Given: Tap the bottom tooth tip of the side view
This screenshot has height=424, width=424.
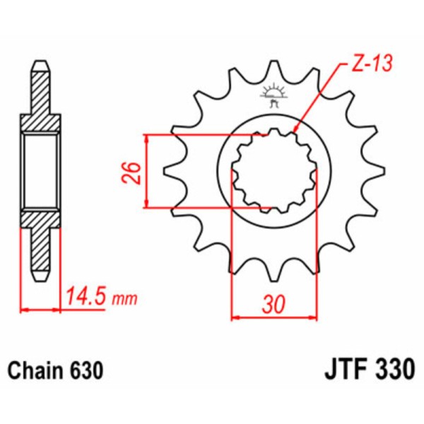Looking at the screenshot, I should (41, 277).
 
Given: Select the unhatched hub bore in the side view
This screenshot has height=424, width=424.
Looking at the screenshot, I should (41, 171).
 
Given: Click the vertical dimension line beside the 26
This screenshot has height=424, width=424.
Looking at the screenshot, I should (146, 171).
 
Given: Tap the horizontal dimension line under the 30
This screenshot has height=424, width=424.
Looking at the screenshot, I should (274, 317).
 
